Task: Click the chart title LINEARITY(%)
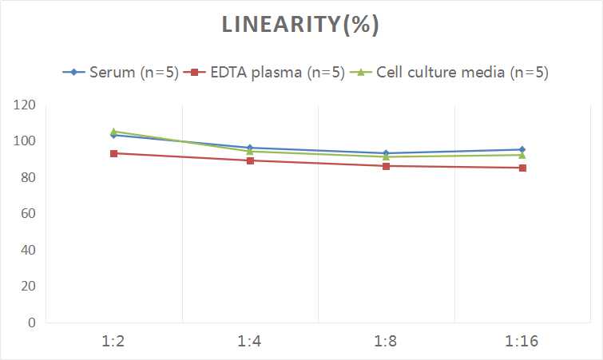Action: point(300,26)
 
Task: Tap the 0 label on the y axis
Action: point(31,322)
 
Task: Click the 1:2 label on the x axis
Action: point(114,341)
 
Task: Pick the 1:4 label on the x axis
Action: point(250,341)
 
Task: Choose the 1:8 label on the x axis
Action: point(387,341)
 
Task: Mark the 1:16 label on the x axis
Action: point(522,341)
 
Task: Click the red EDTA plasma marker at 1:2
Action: point(114,153)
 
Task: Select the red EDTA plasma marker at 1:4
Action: point(250,160)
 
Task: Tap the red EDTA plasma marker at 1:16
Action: point(522,168)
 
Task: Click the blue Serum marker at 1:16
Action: point(522,149)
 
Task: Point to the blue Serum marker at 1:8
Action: point(387,152)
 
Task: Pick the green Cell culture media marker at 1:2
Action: point(114,131)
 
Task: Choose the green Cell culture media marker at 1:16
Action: point(522,155)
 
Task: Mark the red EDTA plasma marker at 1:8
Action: point(387,166)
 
